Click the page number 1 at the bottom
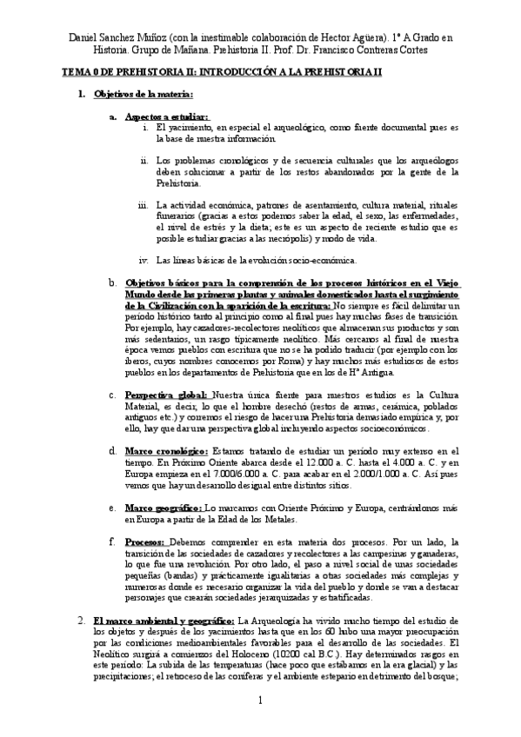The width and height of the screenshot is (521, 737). coord(259,700)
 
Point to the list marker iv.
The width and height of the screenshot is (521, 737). coord(144,259)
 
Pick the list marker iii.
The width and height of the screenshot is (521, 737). coord(144,206)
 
